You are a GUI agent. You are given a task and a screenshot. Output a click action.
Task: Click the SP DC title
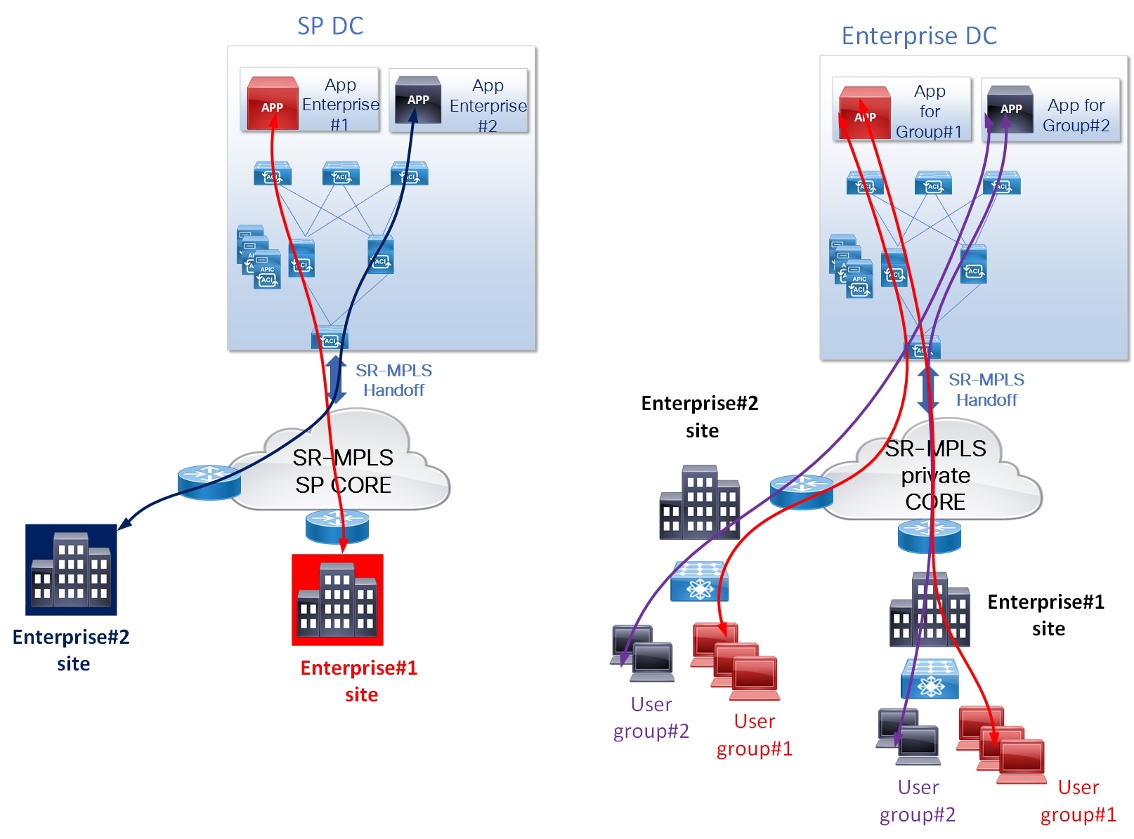pos(330,26)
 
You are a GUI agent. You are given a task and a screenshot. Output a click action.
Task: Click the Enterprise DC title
pos(918,36)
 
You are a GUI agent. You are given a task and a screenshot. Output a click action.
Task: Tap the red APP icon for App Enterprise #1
pos(273,104)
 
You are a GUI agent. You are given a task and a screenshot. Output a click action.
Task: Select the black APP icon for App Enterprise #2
pos(417,100)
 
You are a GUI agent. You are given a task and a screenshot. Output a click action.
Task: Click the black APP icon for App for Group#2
pos(1010,109)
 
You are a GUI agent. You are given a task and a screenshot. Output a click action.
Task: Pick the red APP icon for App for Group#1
pos(865,113)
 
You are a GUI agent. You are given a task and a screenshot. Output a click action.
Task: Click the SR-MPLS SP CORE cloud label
pos(342,471)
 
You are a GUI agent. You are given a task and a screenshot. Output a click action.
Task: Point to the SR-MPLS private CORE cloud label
pos(934,475)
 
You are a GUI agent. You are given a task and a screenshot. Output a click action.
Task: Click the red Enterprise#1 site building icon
pos(337,600)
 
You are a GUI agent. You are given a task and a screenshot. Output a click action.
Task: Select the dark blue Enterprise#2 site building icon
pos(71,569)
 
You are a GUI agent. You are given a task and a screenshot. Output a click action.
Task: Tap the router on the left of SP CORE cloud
pos(209,482)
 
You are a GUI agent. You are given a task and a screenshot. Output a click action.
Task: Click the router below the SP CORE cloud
pos(337,526)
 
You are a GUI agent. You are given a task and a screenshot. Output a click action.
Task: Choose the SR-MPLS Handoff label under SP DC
pos(393,380)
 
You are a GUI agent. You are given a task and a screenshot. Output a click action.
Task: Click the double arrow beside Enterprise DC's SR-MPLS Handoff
pos(927,389)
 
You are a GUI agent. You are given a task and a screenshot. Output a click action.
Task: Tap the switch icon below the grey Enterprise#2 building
pos(699,581)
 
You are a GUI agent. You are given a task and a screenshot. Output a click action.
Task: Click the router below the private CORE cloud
pos(929,536)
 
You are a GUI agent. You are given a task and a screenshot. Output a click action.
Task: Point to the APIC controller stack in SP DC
pos(258,258)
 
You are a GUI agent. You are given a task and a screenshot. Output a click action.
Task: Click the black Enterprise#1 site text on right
pos(1045,614)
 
